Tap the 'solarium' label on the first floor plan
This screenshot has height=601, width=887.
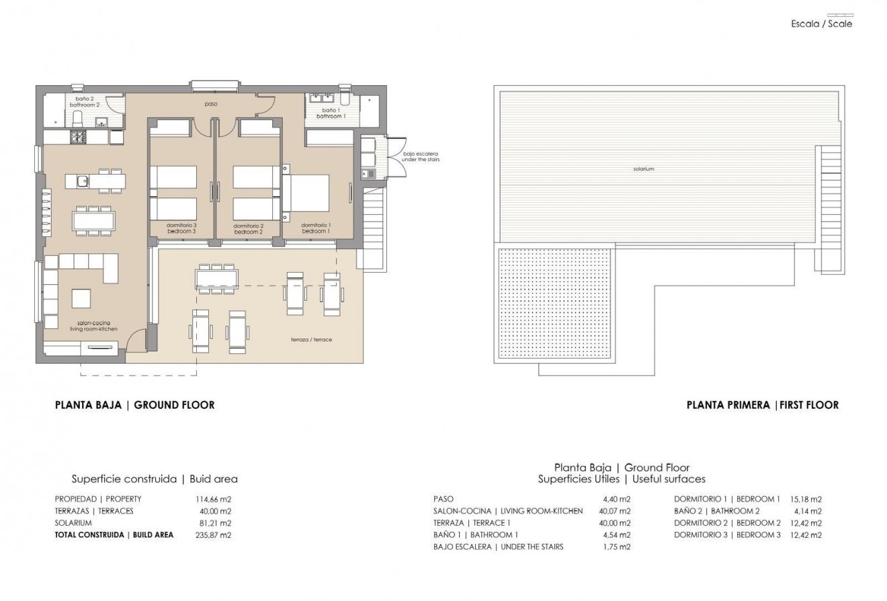pyautogui.click(x=643, y=169)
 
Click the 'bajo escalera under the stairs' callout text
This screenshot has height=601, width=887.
pyautogui.click(x=421, y=156)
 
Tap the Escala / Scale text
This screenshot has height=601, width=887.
pyautogui.click(x=821, y=24)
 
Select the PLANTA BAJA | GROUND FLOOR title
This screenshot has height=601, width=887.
pyautogui.click(x=134, y=405)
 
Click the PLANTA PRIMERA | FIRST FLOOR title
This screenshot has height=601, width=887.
pyautogui.click(x=762, y=405)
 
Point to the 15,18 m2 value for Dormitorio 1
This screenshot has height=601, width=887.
pyautogui.click(x=806, y=500)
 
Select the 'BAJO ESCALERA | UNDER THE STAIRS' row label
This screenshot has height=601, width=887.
pyautogui.click(x=499, y=547)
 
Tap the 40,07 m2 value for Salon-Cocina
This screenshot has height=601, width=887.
pyautogui.click(x=616, y=512)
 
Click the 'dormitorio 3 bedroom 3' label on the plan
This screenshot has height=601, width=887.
pyautogui.click(x=181, y=228)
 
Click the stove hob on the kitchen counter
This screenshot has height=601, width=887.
pyautogui.click(x=78, y=137)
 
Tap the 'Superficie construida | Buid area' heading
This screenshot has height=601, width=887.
pyautogui.click(x=155, y=479)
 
